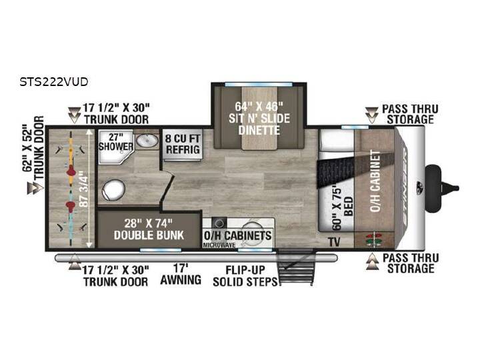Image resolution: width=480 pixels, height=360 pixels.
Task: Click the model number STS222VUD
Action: click(54, 82)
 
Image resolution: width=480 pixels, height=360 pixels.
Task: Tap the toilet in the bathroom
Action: click(113, 190)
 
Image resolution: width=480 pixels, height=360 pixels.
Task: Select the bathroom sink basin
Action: click(147, 141)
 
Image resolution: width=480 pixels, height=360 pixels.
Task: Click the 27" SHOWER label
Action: click(116, 141)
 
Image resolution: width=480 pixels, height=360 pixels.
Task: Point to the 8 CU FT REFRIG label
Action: click(183, 144)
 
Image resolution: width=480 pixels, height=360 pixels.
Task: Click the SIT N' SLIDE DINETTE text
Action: click(259, 124)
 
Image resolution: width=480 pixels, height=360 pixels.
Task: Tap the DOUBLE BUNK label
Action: click(149, 235)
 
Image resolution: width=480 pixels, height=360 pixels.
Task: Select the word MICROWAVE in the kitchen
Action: click(219, 245)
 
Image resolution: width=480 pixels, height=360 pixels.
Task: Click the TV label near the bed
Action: click(335, 242)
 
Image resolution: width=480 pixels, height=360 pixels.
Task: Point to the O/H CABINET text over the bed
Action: click(375, 181)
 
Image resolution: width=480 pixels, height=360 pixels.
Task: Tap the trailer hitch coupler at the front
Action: click(442, 187)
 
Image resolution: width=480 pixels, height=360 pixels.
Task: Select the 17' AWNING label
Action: click(181, 274)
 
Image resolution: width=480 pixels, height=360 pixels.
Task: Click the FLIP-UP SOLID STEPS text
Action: click(245, 276)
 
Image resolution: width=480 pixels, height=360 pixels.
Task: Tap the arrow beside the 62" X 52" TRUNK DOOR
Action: click(35, 188)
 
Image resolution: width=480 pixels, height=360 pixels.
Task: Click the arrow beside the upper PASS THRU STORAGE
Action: click(371, 115)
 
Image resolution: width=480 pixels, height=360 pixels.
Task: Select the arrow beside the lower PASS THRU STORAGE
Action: click(372, 262)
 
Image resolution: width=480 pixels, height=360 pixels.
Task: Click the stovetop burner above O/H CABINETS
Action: click(219, 223)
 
